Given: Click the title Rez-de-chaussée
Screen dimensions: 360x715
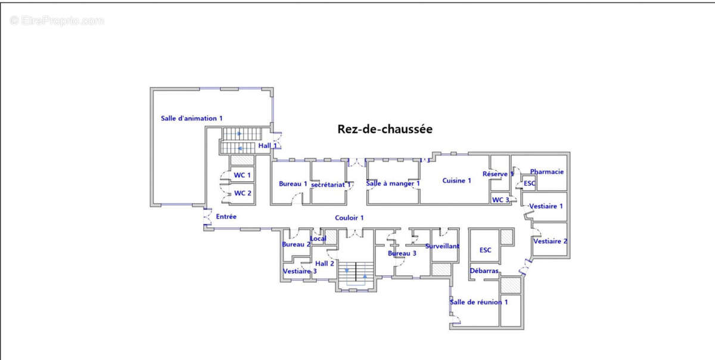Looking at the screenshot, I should [384, 129].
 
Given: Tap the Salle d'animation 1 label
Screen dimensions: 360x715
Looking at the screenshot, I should [192, 119].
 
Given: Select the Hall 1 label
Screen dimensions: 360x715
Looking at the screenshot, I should [268, 145].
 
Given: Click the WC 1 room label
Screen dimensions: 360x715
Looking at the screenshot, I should [243, 175].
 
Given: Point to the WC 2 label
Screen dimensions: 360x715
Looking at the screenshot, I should [243, 193].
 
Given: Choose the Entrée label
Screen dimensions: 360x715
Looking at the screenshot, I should [226, 216].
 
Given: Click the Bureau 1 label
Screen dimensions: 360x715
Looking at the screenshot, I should [293, 184].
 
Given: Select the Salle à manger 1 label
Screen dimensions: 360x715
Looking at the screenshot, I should [393, 184].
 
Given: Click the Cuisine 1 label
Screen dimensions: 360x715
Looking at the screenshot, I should [457, 181].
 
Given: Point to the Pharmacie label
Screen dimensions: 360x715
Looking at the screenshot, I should [546, 172].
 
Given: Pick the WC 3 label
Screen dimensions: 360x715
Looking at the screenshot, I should [500, 200].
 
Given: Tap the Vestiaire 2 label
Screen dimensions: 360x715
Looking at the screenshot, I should [550, 241].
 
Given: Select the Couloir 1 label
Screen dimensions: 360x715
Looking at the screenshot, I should [349, 218].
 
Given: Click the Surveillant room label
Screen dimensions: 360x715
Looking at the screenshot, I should [442, 246].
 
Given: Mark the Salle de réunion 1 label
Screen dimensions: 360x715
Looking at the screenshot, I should [479, 302].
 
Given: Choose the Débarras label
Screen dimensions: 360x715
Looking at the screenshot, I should [484, 271].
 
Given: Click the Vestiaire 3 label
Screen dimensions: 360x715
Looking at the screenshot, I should [300, 271].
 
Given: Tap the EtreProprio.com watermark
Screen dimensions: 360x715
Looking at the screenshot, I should [57, 21].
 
